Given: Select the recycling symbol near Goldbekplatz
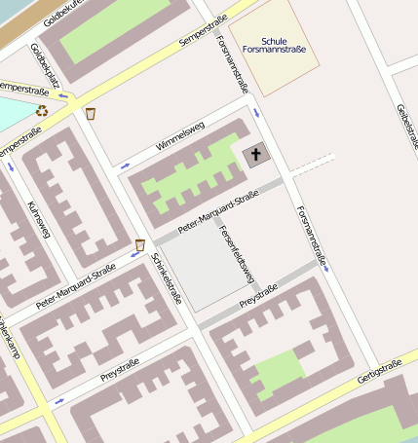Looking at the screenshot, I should click(42, 111).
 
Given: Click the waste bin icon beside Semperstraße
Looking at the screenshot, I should click(91, 114).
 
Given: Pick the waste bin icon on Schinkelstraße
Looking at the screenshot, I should click(139, 245).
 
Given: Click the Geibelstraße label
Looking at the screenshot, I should click(407, 126).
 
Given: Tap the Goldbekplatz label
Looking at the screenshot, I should click(45, 65).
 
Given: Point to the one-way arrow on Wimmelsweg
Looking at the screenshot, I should click(125, 166).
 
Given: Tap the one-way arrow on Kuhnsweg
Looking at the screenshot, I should click(12, 166).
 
